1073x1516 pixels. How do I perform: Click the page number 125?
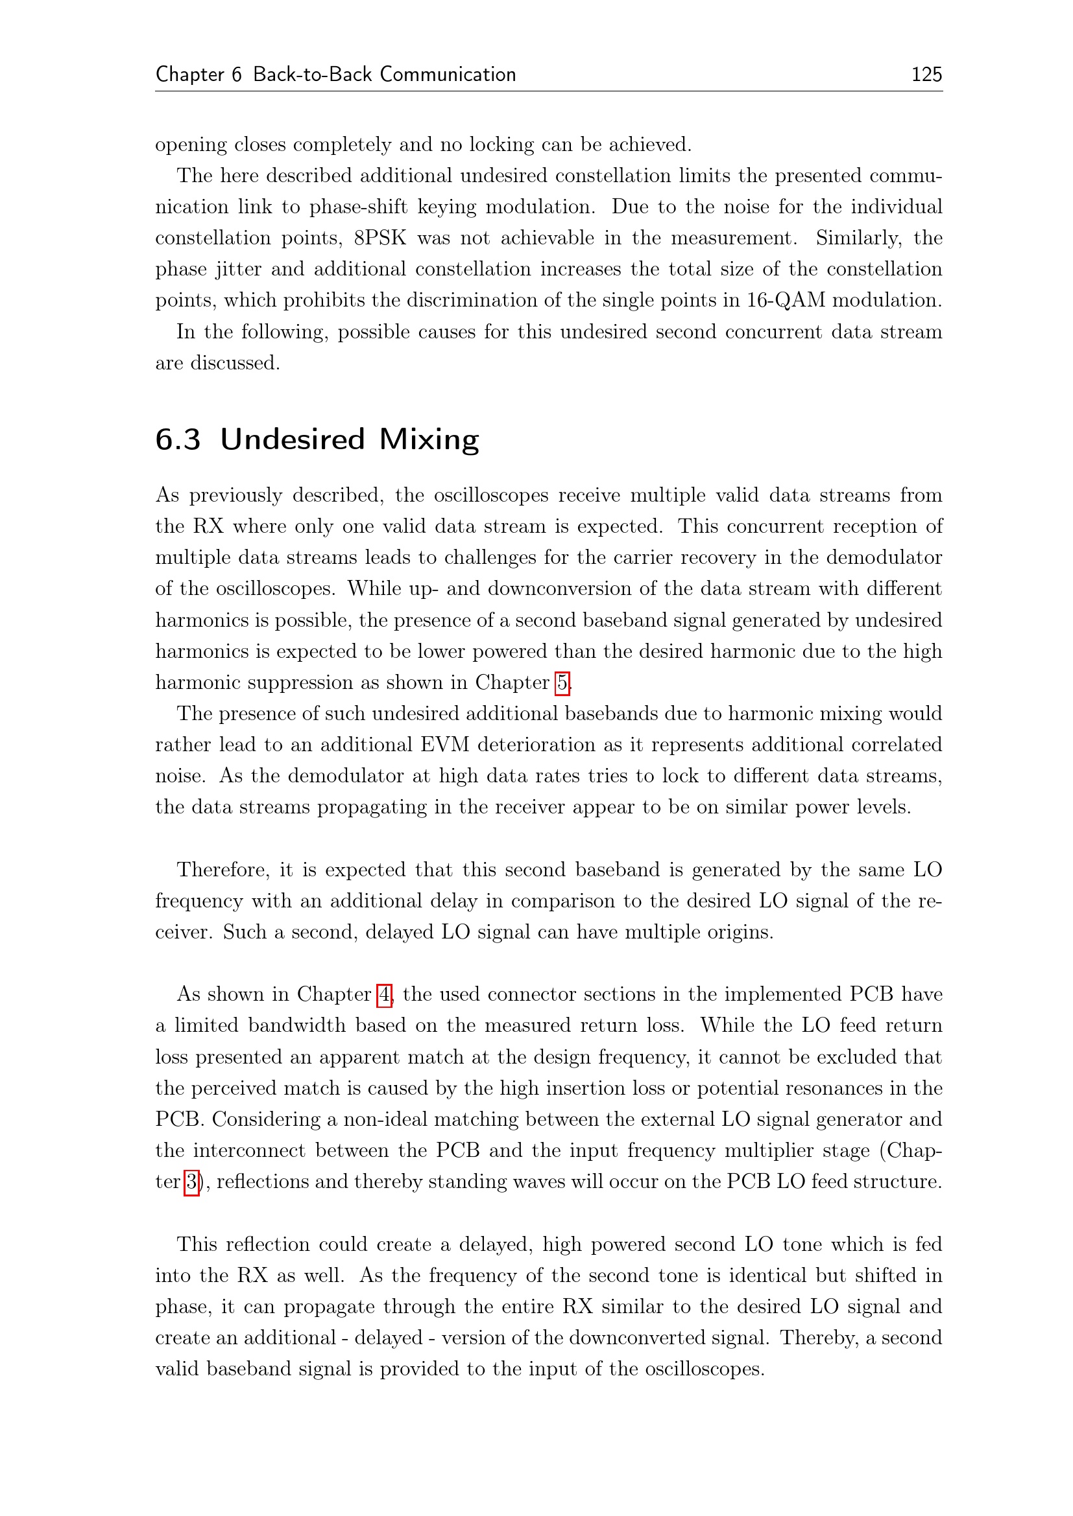pos(926,74)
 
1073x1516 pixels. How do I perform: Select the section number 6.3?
pos(178,439)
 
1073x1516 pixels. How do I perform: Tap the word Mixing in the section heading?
pos(429,439)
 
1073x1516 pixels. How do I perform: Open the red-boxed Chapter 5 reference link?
pos(562,682)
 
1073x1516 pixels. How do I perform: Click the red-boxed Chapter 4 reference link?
pos(384,994)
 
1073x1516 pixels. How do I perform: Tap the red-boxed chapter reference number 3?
pos(191,1182)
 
